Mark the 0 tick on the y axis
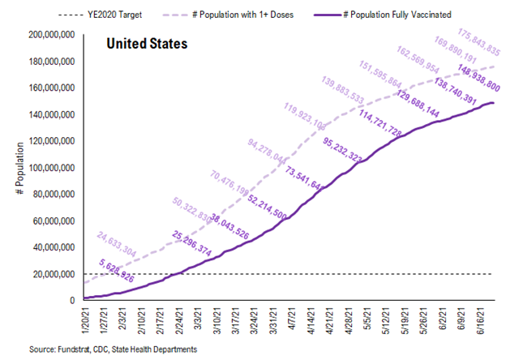[x=72, y=301]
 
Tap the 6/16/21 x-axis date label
[x=483, y=321]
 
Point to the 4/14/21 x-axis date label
[x=313, y=321]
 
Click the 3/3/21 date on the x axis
[x=199, y=321]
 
